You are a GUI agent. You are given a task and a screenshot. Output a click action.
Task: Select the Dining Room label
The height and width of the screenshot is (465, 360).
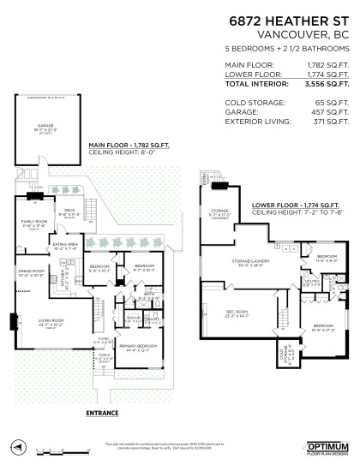coord(32,274)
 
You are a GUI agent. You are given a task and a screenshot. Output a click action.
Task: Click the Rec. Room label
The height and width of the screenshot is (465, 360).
coord(226,313)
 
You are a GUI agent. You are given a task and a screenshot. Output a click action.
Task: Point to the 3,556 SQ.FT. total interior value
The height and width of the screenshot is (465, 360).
coord(329,85)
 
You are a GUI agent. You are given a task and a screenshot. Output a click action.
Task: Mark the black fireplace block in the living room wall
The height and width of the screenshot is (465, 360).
coord(13,322)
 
